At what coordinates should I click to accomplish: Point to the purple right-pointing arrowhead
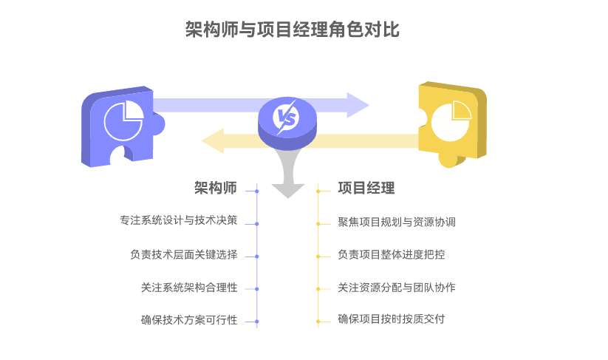tap(358, 105)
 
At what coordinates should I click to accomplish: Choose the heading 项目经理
tap(366, 188)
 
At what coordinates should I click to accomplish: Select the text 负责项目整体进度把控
tap(392, 254)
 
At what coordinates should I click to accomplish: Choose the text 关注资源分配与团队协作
tap(397, 287)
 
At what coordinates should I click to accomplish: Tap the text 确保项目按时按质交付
tap(392, 319)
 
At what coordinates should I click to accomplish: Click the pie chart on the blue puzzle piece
tap(123, 120)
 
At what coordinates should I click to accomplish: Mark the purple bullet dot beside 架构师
tap(256, 191)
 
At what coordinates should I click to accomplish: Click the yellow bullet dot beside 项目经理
tap(318, 191)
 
